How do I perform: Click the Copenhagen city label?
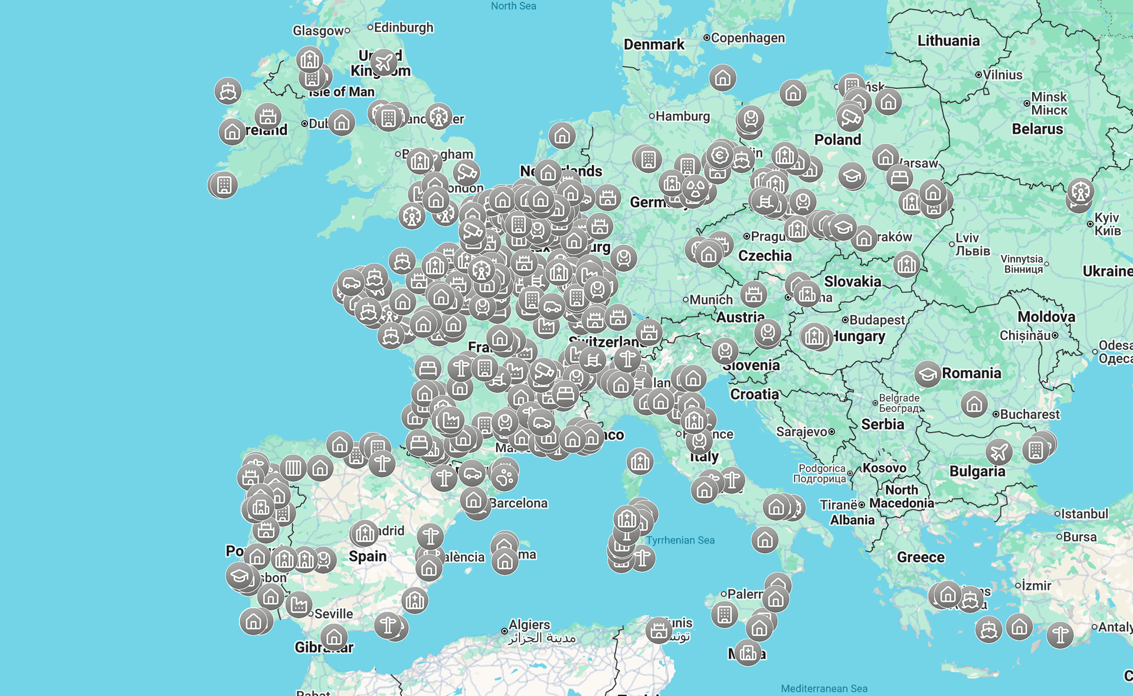747,38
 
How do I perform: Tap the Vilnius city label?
1002,75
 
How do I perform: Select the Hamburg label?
682,116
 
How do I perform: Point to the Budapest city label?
876,320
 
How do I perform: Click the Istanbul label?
1084,514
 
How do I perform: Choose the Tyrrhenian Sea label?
680,540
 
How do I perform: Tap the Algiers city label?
529,625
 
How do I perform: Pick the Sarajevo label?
801,432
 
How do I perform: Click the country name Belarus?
1037,129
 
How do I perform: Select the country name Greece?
921,557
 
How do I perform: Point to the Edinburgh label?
403,28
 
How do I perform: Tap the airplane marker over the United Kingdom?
384,62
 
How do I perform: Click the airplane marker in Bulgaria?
998,452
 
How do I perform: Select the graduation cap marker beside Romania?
927,374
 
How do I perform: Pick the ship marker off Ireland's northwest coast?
228,92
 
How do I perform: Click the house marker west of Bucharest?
974,404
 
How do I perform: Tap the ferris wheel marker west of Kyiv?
1080,191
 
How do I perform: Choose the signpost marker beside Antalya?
1060,635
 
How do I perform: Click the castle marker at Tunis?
659,630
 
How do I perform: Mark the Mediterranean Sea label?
824,688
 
